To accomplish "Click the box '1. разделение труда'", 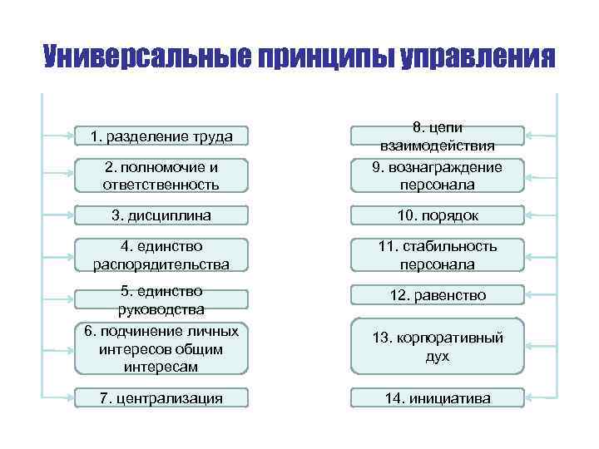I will [161, 136].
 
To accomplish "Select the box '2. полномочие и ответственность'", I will [161, 175].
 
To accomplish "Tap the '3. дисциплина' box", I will [161, 215].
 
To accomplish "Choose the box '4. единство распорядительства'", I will [161, 255].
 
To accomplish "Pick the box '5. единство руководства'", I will [161, 299].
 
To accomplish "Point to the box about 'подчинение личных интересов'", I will [161, 348].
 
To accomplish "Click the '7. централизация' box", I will [161, 398].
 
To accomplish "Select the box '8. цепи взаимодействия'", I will [437, 136].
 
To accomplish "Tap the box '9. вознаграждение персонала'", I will [437, 175].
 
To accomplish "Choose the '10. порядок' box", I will [437, 215].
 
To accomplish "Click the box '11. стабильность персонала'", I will [437, 255].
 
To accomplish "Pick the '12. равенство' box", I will [437, 295].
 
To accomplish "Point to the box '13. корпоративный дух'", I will [437, 346].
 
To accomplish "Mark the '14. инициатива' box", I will [437, 398].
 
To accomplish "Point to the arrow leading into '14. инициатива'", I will [541, 398].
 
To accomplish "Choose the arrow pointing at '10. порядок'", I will [541, 215].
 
